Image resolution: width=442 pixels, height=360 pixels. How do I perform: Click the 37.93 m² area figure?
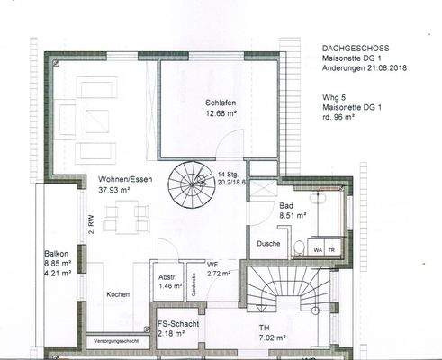tap(104, 189)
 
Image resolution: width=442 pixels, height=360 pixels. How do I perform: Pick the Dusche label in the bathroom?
tap(269, 243)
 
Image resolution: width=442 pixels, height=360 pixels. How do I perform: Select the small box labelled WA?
tap(318, 248)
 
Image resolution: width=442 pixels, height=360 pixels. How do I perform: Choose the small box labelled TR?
tap(331, 248)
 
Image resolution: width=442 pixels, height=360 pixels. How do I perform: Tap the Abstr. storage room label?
tap(166, 277)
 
